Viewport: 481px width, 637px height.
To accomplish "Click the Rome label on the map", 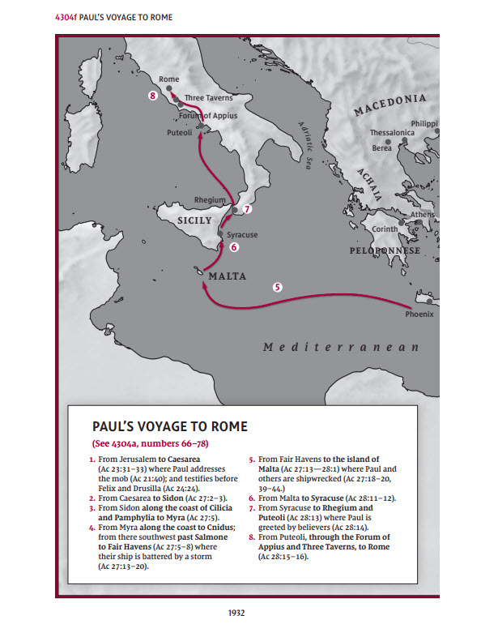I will tap(169, 79).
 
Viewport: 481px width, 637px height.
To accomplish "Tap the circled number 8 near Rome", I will tap(153, 96).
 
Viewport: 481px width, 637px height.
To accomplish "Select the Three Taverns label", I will tap(209, 98).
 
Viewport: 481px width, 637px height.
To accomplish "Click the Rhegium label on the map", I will tap(210, 200).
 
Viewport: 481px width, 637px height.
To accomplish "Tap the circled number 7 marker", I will tap(247, 208).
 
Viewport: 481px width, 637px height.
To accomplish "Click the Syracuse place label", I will tap(242, 235).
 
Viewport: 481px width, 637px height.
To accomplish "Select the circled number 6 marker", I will tap(234, 247).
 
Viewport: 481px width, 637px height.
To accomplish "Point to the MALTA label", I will tap(228, 276).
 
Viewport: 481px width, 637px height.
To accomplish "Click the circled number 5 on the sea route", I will tap(278, 286).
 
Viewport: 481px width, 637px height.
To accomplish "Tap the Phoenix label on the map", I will tap(419, 314).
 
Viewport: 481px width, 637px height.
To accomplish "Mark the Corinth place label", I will tap(385, 229).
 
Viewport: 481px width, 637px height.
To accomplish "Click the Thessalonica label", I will tap(392, 132).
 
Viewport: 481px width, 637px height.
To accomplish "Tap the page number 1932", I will tap(236, 613).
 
